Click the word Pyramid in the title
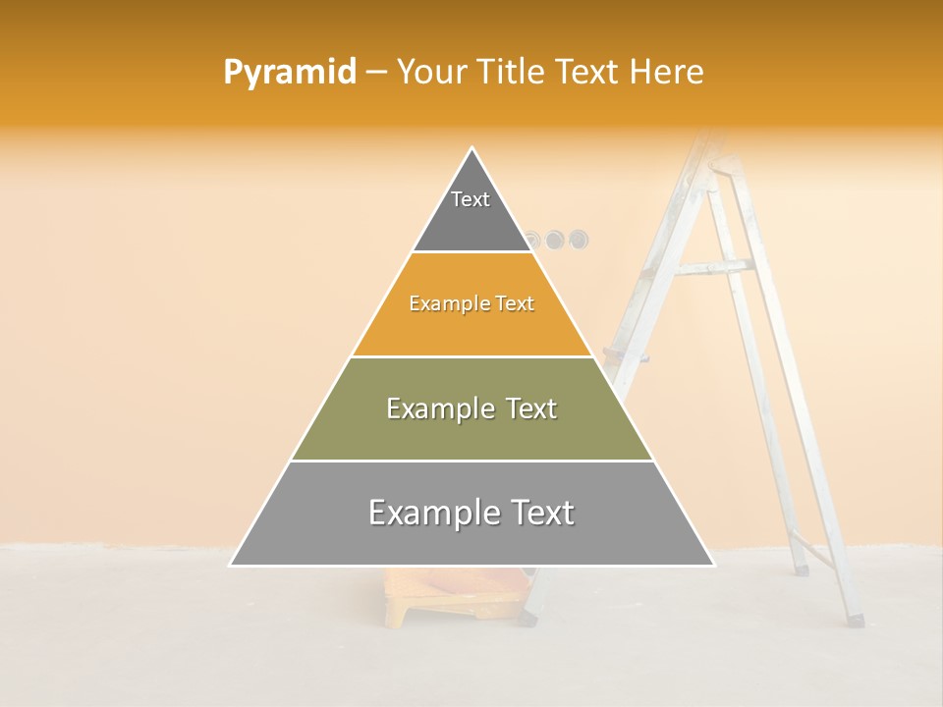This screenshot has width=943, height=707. [x=290, y=72]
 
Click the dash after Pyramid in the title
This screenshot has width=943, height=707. [x=376, y=73]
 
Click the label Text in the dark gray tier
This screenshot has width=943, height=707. [x=471, y=199]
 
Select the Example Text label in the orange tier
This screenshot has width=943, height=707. [x=471, y=303]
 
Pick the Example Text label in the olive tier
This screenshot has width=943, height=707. [x=471, y=408]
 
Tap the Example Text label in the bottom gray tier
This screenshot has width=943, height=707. [x=471, y=513]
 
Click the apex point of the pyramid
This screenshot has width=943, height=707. [x=472, y=148]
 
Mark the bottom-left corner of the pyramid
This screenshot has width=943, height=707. [x=231, y=565]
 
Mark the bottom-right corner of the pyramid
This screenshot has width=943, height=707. [x=713, y=565]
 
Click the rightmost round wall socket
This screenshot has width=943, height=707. [x=579, y=239]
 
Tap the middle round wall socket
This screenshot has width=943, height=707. [x=555, y=239]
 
